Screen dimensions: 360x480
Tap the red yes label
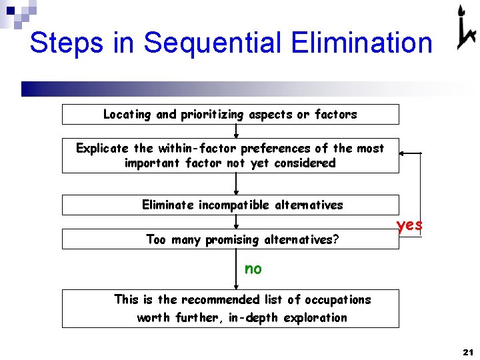tap(409, 225)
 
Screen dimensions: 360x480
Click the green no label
tap(253, 269)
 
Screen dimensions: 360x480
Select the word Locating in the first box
tap(127, 115)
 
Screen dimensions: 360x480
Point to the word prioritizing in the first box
tap(212, 115)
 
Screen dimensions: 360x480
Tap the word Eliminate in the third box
tap(168, 205)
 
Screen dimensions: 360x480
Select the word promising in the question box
tap(233, 239)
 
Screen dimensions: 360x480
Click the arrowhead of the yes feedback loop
tap(403, 153)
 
